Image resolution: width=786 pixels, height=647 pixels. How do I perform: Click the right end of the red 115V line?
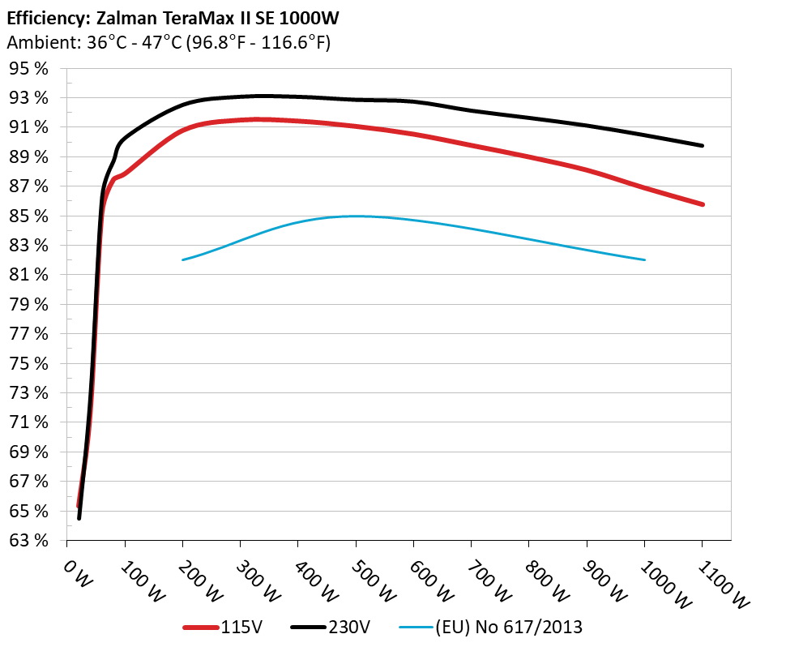tap(702, 204)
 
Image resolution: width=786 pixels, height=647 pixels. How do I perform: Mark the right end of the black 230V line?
tap(702, 146)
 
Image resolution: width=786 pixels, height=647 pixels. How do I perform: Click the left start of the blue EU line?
tap(183, 259)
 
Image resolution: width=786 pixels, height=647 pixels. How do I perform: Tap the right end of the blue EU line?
tap(644, 259)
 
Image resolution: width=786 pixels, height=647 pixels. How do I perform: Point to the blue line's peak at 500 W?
tap(356, 216)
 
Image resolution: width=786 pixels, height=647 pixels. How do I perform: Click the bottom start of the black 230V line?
tap(79, 518)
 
